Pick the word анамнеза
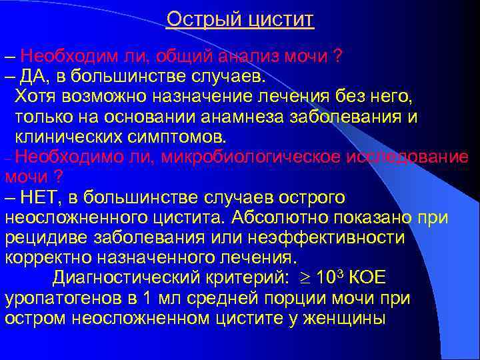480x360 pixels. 242,117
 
